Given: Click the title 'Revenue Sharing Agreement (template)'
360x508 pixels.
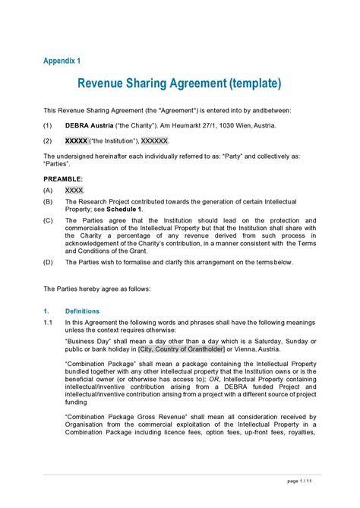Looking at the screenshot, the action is (x=180, y=82).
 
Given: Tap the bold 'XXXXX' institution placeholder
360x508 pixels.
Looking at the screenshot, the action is (x=77, y=140).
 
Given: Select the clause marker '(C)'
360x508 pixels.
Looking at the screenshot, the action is (x=48, y=221).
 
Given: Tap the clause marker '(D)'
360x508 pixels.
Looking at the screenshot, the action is (x=48, y=262).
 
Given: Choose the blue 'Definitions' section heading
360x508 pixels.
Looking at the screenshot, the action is (x=82, y=311).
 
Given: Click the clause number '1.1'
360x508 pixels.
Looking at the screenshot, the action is (x=48, y=323).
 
